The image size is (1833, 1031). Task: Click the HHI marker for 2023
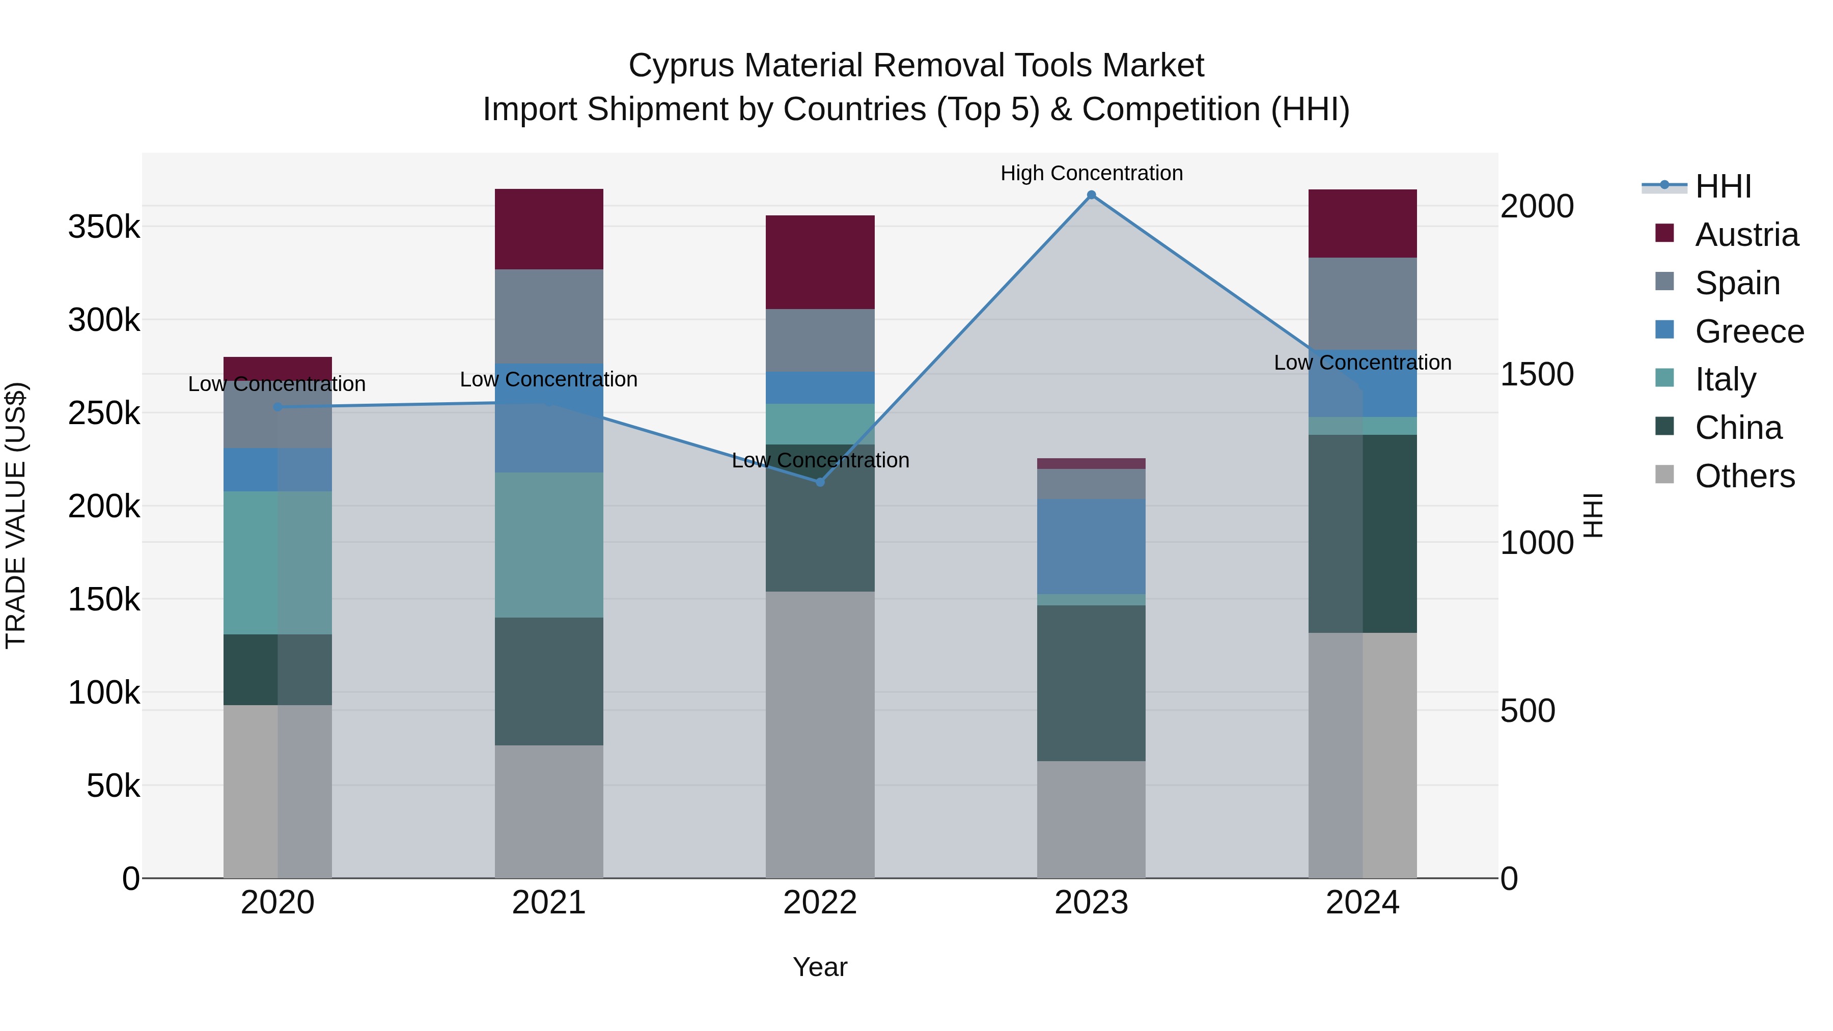tap(1091, 195)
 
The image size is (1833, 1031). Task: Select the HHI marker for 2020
tap(277, 407)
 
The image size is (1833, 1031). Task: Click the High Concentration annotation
tap(1091, 173)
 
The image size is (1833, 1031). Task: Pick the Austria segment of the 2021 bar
tap(548, 229)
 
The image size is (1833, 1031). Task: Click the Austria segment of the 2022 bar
tap(820, 262)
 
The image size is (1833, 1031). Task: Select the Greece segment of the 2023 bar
tap(1091, 546)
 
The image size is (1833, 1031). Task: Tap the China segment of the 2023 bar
tap(1091, 683)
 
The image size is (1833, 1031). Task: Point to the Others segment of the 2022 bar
tap(820, 734)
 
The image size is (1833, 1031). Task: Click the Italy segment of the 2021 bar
tap(548, 545)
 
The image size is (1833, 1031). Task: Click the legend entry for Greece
tap(1749, 331)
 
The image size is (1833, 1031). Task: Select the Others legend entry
tap(1744, 476)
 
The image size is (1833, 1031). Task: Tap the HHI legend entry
tap(1723, 186)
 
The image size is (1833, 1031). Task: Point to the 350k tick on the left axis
tap(104, 227)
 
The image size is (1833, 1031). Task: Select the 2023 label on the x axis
tap(1091, 903)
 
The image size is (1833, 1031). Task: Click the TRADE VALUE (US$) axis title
tap(16, 515)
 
